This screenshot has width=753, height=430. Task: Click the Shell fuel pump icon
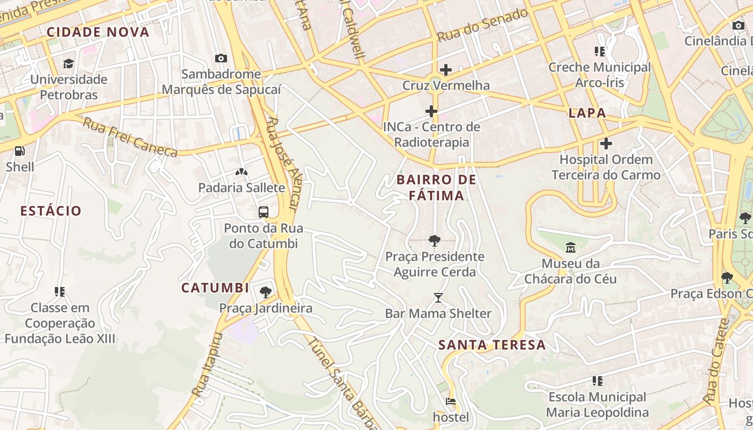20,152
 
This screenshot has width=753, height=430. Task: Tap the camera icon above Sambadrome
221,58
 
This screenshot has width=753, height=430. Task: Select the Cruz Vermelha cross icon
445,70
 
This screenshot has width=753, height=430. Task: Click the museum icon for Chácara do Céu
570,248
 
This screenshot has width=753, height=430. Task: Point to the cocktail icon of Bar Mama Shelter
438,298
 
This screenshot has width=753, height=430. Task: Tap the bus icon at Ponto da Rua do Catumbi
264,212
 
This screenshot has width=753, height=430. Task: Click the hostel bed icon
451,402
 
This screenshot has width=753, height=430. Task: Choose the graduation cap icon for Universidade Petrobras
68,64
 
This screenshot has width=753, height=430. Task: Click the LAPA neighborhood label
587,113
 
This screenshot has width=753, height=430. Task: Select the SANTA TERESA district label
492,345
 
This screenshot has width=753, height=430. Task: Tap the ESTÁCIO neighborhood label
51,211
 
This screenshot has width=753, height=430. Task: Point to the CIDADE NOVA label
98,32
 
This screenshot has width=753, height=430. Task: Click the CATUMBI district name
215,288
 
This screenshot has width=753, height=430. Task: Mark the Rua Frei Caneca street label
130,138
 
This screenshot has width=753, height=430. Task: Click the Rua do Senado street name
482,25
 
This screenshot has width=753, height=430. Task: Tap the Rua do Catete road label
715,360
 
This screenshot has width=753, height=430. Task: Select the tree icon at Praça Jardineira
265,292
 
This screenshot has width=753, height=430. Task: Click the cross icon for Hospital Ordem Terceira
606,144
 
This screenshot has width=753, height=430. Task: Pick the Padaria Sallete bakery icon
241,172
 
